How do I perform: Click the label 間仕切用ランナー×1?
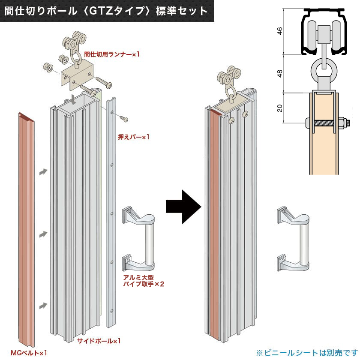point(112,54)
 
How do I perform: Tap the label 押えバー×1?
point(134,137)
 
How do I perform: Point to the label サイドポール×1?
point(99,341)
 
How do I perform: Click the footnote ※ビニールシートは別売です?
point(306,352)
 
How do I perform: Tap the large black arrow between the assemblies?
point(183,207)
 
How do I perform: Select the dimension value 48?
point(280,73)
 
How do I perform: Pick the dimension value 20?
point(280,108)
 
